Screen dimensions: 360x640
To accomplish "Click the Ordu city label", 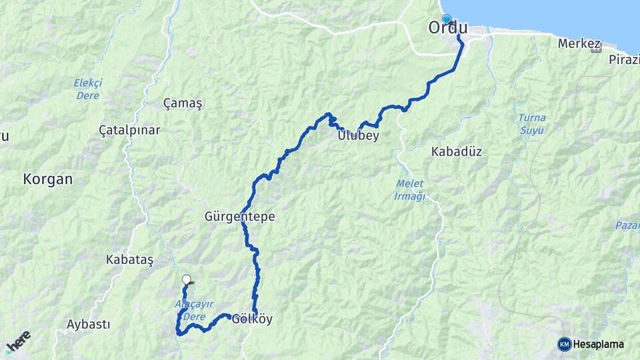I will tap(448, 29).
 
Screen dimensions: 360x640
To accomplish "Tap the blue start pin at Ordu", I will tap(446, 20).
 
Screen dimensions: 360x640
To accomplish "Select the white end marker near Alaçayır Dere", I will tap(187, 280).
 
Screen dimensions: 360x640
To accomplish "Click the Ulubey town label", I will tap(357, 135).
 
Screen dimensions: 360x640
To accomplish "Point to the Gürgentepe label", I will tap(239, 217).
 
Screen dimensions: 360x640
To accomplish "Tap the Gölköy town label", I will tap(252, 319).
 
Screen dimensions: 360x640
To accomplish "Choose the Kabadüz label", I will tap(456, 151).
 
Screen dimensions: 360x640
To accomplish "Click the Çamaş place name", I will tap(182, 103).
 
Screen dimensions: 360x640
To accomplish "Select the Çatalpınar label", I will tap(129, 130).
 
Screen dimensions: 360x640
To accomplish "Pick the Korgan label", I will tap(47, 179).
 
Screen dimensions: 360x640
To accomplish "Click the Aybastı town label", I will tap(88, 324).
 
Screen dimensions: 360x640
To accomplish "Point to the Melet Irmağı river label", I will tap(409, 190).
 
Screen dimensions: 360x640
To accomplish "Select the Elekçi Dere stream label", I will tap(88, 89).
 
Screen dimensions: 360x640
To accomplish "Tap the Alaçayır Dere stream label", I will tap(194, 309).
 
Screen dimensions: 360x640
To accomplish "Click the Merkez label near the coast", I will tap(576, 44).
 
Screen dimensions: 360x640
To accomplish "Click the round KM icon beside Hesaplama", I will tap(565, 344).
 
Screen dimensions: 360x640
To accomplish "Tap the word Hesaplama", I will tap(599, 345).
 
